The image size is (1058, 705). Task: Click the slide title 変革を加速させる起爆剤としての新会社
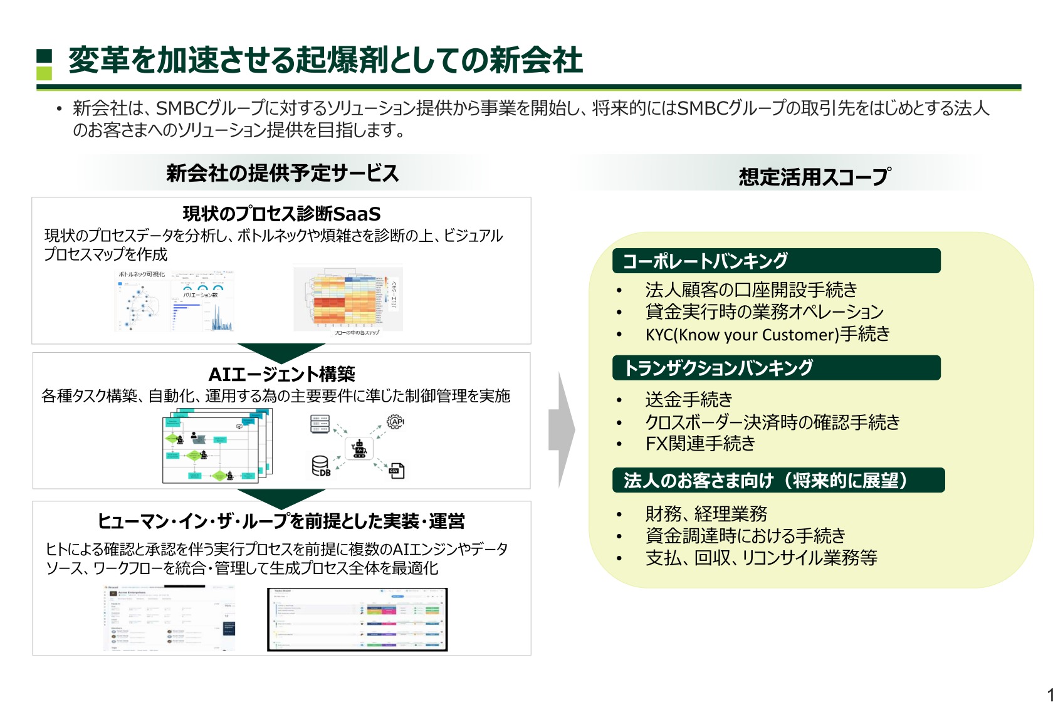coord(325,60)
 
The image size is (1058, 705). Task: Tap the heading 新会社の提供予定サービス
coord(282,173)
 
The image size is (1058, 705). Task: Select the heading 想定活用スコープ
coord(814,177)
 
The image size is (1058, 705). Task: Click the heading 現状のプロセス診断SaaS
coord(281,214)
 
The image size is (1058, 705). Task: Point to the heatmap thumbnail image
coord(348,299)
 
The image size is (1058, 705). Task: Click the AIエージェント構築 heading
coord(281,374)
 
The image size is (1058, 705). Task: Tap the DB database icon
coord(320,466)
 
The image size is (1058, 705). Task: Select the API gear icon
coord(395,422)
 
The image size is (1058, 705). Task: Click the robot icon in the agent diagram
coord(359,449)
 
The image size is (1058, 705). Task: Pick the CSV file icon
coord(396,470)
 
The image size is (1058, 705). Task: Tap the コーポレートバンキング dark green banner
coord(776,261)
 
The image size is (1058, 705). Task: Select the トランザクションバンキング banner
coord(776,368)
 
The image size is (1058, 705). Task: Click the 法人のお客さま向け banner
coord(778,481)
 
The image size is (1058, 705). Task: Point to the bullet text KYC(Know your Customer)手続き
coord(767,334)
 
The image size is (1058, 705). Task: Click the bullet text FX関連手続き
coord(700,444)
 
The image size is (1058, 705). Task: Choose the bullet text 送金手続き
coord(688,399)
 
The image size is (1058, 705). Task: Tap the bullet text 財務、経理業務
coord(706,514)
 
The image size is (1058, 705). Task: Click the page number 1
coord(1050,695)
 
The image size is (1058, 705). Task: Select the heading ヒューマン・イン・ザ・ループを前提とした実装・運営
coord(281,521)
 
